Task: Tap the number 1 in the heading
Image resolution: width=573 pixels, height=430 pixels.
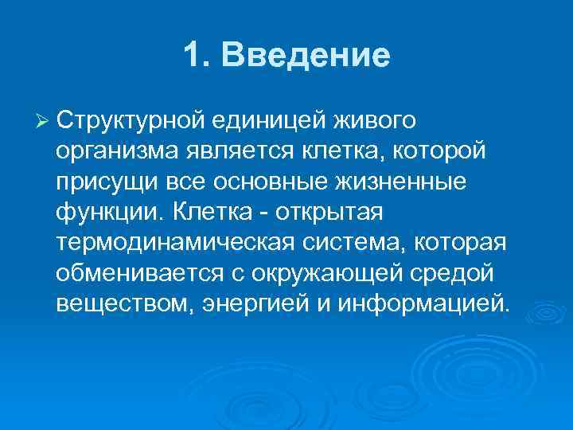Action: coord(190,55)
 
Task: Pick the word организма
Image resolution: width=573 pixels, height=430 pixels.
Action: coord(117,150)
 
